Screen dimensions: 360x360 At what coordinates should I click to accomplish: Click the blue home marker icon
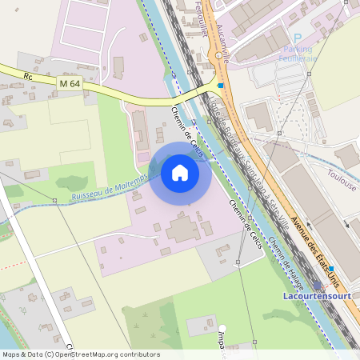coord(180,172)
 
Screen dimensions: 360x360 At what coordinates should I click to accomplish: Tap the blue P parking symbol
coord(298,38)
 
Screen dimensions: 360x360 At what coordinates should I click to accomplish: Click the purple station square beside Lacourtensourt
coord(318,285)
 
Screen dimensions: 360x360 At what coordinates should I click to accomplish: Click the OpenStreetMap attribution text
coord(80,354)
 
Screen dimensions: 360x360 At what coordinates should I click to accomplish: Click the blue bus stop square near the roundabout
coord(221,85)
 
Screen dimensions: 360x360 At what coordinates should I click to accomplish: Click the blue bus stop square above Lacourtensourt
coord(330,270)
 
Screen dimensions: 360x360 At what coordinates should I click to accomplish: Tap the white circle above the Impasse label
coord(224,328)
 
